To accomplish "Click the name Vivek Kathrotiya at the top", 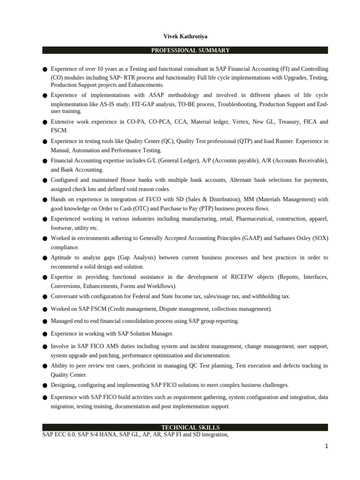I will tap(185, 37).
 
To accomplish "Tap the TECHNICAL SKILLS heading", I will tap(190, 427).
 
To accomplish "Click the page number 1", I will tap(326, 446).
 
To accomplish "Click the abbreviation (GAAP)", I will tap(250, 238).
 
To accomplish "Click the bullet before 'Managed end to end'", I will tap(45, 322).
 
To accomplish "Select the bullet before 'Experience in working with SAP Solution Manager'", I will tap(45, 334).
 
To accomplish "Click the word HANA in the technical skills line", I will tap(100, 435).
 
